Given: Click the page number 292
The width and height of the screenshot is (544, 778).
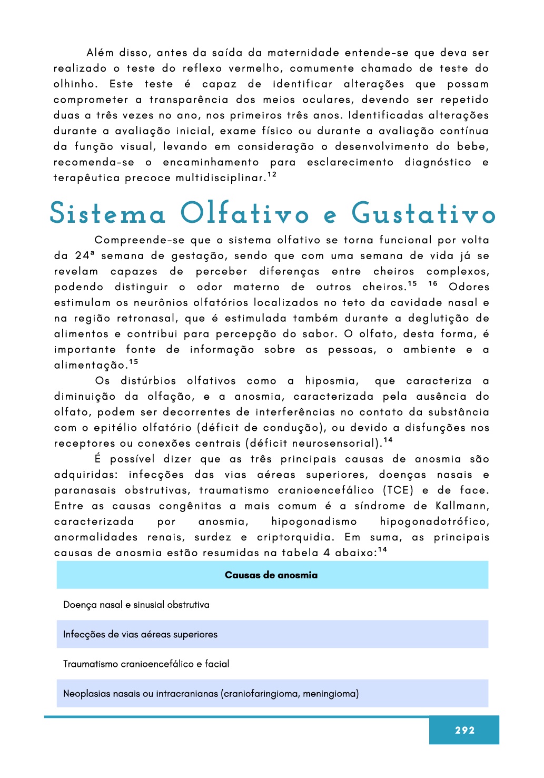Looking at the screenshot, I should point(464,730).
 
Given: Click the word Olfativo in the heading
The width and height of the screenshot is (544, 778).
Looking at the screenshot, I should point(244,214).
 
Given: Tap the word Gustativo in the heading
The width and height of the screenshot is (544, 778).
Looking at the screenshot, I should point(423,214).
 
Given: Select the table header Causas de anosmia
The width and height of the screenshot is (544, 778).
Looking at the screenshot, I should point(271,575).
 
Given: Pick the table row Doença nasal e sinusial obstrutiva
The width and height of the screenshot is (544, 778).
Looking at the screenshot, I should point(136,605).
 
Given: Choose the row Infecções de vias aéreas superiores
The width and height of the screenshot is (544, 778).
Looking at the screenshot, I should point(140,634).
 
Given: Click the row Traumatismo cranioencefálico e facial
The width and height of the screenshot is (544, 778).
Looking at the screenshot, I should point(146,664).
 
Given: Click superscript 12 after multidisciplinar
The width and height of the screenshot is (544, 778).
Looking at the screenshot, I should point(272,174).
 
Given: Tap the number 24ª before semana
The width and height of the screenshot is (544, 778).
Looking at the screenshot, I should point(85,256).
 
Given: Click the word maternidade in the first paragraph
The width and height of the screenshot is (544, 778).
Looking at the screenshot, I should point(303,53).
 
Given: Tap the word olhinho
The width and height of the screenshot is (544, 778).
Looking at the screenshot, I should point(75,84).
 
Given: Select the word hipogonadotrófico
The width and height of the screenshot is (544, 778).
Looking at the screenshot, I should point(434,521).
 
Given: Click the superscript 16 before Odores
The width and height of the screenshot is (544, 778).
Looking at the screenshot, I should point(433,283).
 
